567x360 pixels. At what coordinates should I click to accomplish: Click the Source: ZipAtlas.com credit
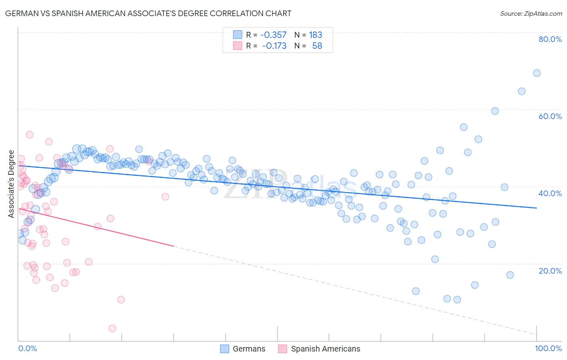[x=531, y=13]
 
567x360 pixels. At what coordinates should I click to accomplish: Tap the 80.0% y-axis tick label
[x=550, y=39]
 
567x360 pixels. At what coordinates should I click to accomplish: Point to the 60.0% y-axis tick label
[x=550, y=116]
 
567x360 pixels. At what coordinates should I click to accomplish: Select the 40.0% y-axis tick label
[x=550, y=193]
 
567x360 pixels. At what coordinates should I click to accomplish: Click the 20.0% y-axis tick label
[x=550, y=270]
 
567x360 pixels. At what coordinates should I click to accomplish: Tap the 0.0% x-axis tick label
[x=27, y=348]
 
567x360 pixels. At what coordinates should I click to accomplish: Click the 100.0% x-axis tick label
[x=548, y=348]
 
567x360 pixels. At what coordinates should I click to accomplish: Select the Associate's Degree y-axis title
[x=11, y=184]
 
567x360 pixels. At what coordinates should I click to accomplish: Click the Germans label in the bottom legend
[x=249, y=349]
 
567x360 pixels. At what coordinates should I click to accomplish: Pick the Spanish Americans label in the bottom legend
[x=325, y=349]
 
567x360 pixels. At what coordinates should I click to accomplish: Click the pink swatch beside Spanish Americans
[x=282, y=349]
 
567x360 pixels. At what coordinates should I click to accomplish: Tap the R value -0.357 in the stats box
[x=273, y=35]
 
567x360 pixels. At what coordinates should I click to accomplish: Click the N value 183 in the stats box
[x=315, y=35]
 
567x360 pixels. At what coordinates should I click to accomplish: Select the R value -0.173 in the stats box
[x=274, y=46]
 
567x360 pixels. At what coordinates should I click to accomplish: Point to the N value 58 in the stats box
[x=317, y=46]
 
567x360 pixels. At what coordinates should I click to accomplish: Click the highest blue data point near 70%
[x=537, y=73]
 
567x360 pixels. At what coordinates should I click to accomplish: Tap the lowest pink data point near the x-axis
[x=113, y=329]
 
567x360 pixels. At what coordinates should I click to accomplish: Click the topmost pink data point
[x=29, y=135]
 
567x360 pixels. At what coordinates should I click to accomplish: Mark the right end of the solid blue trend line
[x=537, y=208]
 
